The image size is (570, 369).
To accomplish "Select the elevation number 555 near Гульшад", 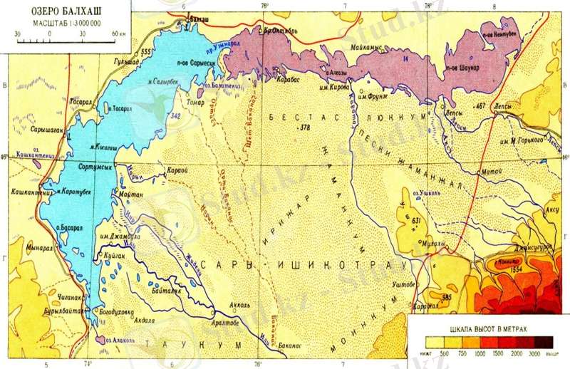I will [147, 52].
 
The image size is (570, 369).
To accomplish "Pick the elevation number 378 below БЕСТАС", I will [306, 128].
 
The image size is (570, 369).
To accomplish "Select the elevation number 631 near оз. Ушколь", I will [418, 220].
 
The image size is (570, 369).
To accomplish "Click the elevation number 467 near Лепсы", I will [485, 106].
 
